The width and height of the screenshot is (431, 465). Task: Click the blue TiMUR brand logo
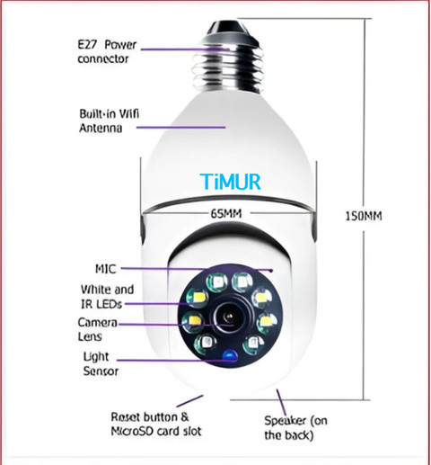pos(231,182)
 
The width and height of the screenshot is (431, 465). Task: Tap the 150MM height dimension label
pos(364,216)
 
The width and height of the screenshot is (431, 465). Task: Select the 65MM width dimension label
pos(226,213)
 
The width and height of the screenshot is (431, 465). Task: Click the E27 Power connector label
pos(107,51)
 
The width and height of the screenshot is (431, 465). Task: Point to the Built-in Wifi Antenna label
pos(110,121)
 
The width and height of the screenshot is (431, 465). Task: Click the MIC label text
pos(106,269)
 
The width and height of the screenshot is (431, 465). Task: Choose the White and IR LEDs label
pos(107,297)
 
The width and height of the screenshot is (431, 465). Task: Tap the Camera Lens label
pos(97,329)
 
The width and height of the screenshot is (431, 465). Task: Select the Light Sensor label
pos(101,363)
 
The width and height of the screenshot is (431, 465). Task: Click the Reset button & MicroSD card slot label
pos(156,424)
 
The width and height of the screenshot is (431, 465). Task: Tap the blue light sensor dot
pos(230,355)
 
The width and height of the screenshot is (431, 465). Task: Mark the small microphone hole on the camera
pos(271,271)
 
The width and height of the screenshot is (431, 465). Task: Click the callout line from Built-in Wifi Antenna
pos(180,127)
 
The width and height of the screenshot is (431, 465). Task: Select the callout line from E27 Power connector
pos(185,49)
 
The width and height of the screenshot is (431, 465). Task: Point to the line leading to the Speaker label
pos(282,403)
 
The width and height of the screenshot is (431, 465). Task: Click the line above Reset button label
pos(189,401)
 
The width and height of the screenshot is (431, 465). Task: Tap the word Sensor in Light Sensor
pos(101,371)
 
